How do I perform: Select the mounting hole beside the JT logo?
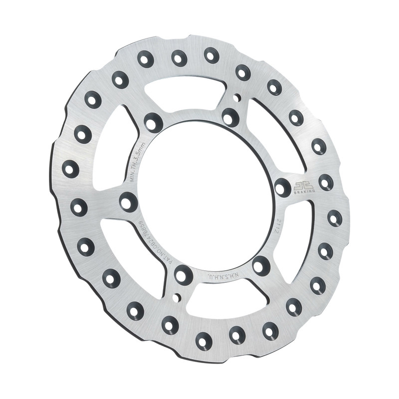282,187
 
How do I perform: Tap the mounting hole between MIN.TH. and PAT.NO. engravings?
129,201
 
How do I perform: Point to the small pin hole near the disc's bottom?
176,298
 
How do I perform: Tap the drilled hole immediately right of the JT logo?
326,182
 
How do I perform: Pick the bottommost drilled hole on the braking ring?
203,341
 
